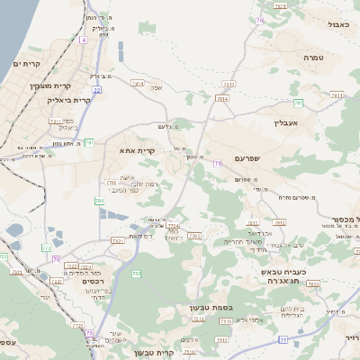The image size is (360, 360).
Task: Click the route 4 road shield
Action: pyautogui.click(x=84, y=40)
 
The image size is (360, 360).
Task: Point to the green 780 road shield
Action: pyautogui.click(x=99, y=200)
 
